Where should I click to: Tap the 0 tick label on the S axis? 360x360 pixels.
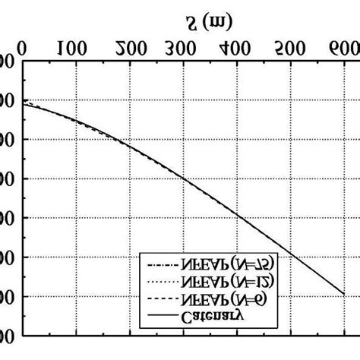23,50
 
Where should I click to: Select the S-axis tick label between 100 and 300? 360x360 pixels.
130,50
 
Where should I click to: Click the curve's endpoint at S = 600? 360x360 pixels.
343,295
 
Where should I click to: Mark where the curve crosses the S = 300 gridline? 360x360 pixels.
183,178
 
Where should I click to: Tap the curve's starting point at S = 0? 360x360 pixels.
24,103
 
